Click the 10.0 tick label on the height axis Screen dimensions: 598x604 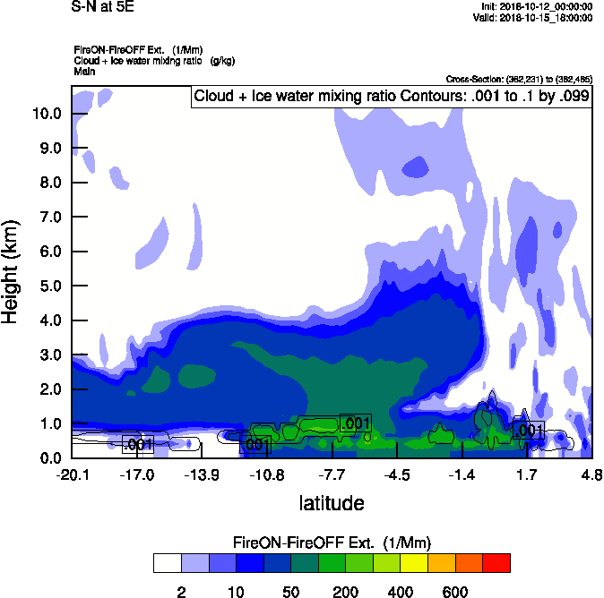tap(47, 114)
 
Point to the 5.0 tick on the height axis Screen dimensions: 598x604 tap(47, 286)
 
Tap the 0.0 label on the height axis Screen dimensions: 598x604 tap(47, 458)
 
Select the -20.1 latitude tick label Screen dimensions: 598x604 tap(72, 474)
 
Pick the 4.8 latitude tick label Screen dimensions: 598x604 tap(591, 474)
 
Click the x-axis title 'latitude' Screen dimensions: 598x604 tap(331, 503)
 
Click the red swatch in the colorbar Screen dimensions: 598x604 tap(496, 563)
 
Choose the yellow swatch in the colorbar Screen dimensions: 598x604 tap(414, 563)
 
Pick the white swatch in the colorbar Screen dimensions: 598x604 tap(167, 563)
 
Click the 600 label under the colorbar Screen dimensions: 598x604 tap(455, 592)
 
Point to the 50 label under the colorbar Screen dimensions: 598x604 tap(290, 592)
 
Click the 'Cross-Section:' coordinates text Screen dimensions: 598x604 tap(519, 79)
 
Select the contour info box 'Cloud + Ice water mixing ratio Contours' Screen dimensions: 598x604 tap(392, 97)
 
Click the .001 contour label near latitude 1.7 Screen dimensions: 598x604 tap(529, 431)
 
